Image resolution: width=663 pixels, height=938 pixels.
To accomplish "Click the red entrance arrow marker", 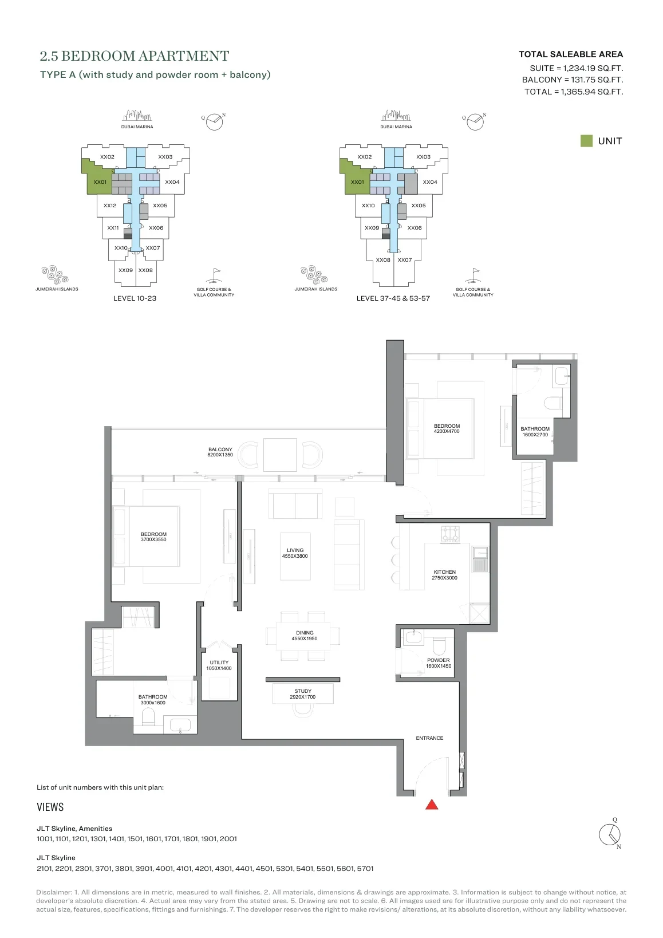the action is coord(432,805).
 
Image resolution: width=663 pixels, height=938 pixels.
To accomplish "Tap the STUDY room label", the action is coord(303,694).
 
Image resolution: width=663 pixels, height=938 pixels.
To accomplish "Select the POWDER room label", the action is coord(438,663).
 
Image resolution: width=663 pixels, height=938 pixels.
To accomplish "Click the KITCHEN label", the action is coord(444,574).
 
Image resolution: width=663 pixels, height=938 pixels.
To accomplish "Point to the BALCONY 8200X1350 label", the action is coord(220,452).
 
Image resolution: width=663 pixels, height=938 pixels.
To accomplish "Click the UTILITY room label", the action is coord(219,665).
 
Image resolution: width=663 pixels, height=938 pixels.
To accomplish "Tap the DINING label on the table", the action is coord(304,636).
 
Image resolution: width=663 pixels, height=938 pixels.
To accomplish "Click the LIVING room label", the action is coord(295,553).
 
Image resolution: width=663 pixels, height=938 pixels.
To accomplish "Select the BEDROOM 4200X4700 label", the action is coord(447,428).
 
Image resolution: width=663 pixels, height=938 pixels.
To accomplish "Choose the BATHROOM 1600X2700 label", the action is coord(535,432).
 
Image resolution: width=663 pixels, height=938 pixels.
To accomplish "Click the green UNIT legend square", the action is coord(586,141).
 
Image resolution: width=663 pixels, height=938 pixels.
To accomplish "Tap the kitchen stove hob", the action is coord(450,534).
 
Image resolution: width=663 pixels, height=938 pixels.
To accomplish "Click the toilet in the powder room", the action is coord(439,646).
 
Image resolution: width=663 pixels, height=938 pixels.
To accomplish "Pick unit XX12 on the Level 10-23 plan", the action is coord(110,206).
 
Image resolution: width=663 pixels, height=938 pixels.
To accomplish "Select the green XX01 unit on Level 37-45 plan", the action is coord(357,179).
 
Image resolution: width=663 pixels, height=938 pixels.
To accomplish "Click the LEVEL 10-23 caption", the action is coord(135,298).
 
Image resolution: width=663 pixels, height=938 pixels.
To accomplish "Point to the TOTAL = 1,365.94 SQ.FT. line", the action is coord(574,92).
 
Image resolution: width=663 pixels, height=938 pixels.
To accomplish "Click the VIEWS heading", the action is coord(50,807).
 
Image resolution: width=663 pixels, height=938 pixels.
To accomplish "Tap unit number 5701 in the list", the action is coord(365,869).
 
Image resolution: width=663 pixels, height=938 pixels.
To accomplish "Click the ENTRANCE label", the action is coord(429,738).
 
